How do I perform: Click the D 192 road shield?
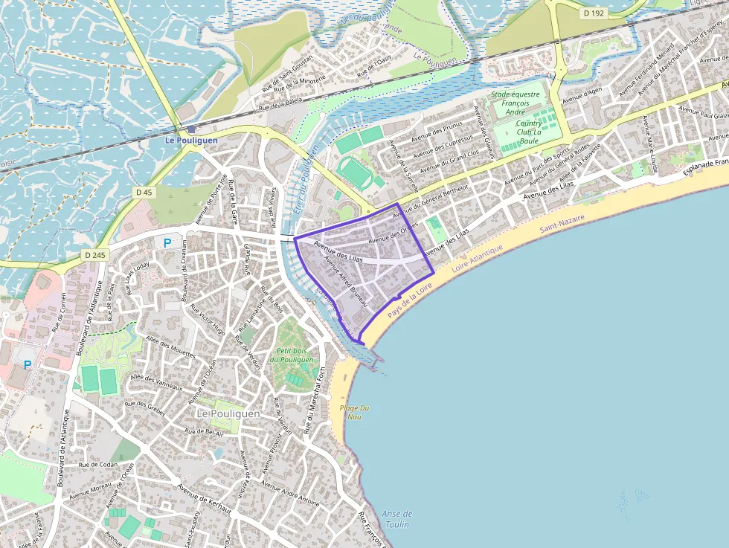(594, 13)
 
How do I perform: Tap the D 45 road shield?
(144, 192)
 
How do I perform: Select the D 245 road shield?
(95, 255)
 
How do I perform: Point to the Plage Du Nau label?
(354, 412)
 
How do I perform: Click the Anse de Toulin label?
(396, 518)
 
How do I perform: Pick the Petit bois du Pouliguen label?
(292, 355)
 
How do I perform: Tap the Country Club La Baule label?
(529, 132)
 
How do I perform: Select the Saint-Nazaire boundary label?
(562, 222)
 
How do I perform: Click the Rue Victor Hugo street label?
(207, 317)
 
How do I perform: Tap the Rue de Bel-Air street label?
(204, 431)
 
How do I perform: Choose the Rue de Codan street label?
(98, 464)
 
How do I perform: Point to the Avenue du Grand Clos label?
(448, 156)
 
